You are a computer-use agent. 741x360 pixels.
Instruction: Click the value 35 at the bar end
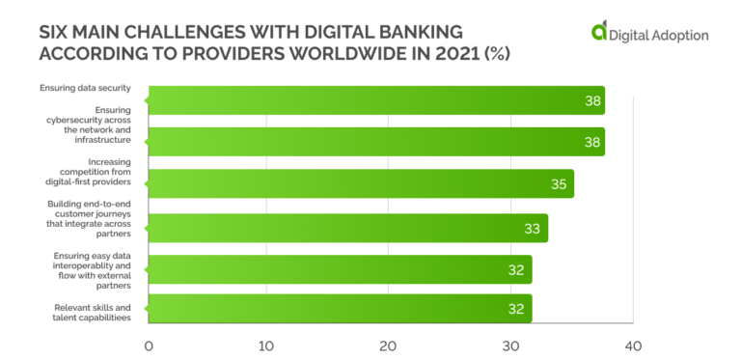pos(560,183)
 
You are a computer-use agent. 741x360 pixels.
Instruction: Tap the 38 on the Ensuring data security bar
pos(592,100)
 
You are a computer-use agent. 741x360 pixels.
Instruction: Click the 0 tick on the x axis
pos(149,345)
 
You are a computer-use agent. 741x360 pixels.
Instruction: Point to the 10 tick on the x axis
pos(267,345)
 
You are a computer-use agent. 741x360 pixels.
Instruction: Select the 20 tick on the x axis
pos(388,345)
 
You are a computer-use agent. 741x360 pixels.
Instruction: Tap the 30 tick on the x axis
pos(509,345)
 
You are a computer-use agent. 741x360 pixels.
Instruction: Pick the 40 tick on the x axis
pos(632,345)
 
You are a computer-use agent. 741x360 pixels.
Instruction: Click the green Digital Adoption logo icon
pos(600,34)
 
